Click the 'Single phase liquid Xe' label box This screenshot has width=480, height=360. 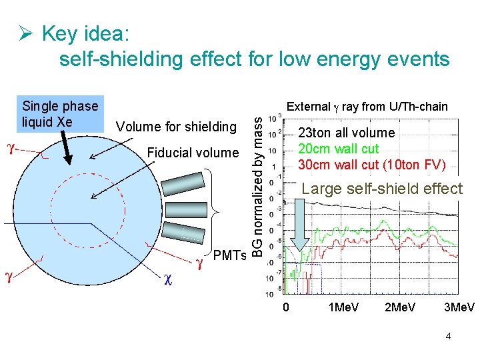pyautogui.click(x=59, y=113)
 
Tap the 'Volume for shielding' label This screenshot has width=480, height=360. pyautogui.click(x=176, y=127)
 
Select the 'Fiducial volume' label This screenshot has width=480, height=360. pyautogui.click(x=193, y=153)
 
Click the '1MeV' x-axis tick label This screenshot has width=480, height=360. pyautogui.click(x=343, y=307)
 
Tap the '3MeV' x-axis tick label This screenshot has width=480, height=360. pyautogui.click(x=459, y=307)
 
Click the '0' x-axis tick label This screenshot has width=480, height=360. pyautogui.click(x=286, y=307)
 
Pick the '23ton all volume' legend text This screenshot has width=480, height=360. pyautogui.click(x=346, y=133)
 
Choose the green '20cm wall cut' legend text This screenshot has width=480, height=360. pyautogui.click(x=338, y=148)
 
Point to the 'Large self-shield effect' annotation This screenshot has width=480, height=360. pyautogui.click(x=382, y=189)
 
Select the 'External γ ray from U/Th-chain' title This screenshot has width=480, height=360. pyautogui.click(x=367, y=107)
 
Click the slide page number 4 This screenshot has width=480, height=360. pyautogui.click(x=448, y=336)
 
